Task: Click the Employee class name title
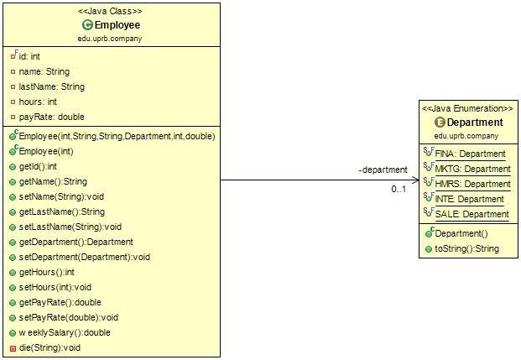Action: pyautogui.click(x=117, y=25)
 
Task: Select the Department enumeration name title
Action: pyautogui.click(x=474, y=123)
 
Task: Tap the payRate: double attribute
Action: pyautogui.click(x=51, y=117)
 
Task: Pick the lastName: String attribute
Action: pyautogui.click(x=51, y=86)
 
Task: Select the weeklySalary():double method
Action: pyautogui.click(x=64, y=332)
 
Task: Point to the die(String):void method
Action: pyautogui.click(x=49, y=347)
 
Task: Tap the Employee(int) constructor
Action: pyautogui.click(x=49, y=151)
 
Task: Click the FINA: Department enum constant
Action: pyautogui.click(x=470, y=154)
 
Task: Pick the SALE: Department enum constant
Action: pyautogui.click(x=472, y=214)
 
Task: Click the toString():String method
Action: pyautogui.click(x=466, y=248)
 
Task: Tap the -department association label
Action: pyautogui.click(x=383, y=170)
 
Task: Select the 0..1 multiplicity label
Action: pyautogui.click(x=399, y=189)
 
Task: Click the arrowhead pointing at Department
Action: pyautogui.click(x=414, y=180)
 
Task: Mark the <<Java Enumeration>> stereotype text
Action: pyautogui.click(x=467, y=109)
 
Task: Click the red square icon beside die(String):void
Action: pyautogui.click(x=13, y=347)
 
